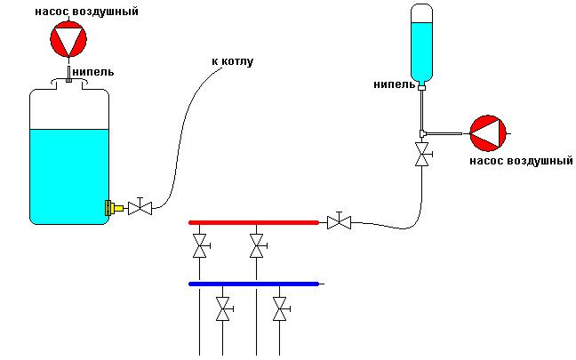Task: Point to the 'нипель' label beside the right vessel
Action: pos(394,84)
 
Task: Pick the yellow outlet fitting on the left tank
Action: pos(112,208)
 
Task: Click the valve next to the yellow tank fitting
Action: pos(140,208)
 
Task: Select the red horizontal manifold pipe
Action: pos(253,222)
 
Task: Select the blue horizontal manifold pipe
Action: pos(254,284)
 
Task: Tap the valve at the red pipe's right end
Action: pos(339,222)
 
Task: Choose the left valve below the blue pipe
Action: pos(224,310)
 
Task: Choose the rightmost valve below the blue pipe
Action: pos(280,310)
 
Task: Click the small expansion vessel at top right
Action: pos(423,43)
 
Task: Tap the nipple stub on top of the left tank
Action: pos(68,72)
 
